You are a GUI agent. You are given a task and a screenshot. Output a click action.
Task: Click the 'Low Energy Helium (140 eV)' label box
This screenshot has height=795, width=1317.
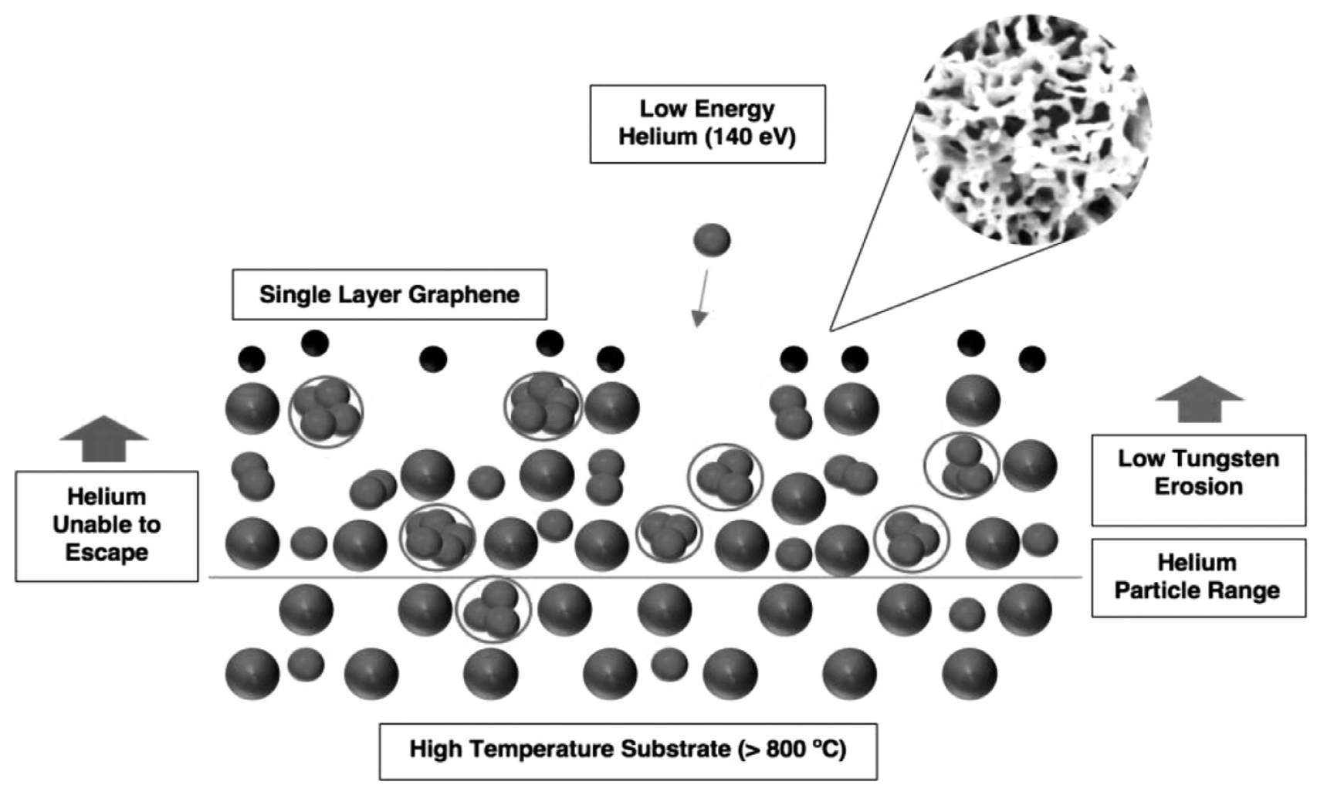pos(707,123)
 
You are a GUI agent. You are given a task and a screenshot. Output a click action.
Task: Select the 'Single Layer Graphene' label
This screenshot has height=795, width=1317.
pos(389,295)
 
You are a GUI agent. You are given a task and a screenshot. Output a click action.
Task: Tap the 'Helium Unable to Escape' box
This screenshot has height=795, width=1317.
pos(107,526)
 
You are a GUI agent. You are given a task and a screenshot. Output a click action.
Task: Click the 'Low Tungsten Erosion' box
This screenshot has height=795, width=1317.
pos(1198,480)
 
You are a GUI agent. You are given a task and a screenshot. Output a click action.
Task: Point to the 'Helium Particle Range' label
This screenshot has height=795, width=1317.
pos(1198,577)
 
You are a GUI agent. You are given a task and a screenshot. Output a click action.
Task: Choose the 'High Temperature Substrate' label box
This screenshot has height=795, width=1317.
pos(628,751)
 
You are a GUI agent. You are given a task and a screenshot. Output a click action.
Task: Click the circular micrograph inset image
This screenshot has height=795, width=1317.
pos(1032,130)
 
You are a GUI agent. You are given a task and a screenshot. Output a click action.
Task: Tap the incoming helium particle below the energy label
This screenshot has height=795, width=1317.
pos(712,240)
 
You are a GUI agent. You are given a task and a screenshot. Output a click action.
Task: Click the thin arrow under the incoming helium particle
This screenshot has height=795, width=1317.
pos(702,298)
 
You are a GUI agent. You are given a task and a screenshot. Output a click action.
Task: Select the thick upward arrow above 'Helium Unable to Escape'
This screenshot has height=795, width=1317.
pos(104,438)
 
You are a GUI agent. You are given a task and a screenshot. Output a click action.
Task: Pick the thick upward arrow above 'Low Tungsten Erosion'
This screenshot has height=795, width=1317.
pos(1200,399)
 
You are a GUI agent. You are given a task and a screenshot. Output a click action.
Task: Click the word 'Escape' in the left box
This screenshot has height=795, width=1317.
pos(107,553)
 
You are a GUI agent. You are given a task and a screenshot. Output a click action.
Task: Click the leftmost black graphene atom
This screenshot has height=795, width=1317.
pos(252,359)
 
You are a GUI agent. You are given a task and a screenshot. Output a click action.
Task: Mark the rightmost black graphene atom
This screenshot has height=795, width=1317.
pos(1032,359)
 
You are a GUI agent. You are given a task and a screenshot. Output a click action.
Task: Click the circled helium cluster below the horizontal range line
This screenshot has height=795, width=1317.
pos(493,610)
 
